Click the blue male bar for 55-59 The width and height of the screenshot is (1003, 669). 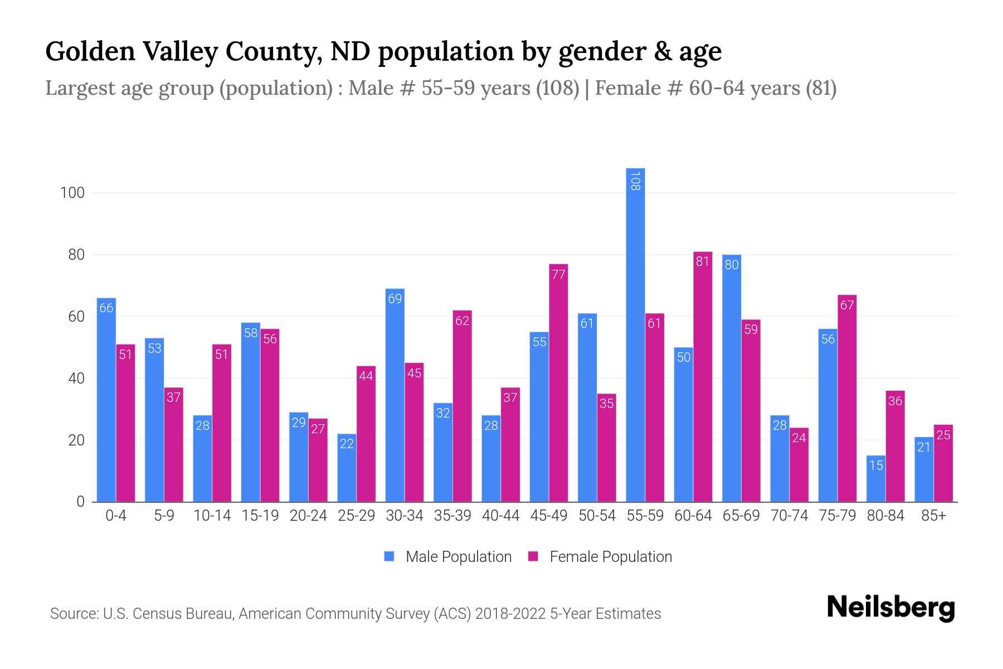coord(635,334)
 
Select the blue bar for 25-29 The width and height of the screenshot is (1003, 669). coord(347,468)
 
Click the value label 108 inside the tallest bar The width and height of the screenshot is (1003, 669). coord(635,181)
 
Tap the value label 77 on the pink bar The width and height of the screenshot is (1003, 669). coord(558,274)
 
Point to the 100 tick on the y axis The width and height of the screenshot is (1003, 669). coord(72,193)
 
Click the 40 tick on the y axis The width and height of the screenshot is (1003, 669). coord(76,379)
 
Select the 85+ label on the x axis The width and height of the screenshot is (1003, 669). coord(933,516)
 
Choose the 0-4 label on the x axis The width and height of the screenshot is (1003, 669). coord(116,516)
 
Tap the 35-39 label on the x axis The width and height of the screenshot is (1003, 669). coord(452,516)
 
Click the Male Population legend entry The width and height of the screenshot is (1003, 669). coord(458,557)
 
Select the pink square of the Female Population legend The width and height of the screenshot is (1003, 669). coord(534,556)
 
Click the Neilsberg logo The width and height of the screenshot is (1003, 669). coord(890,608)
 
